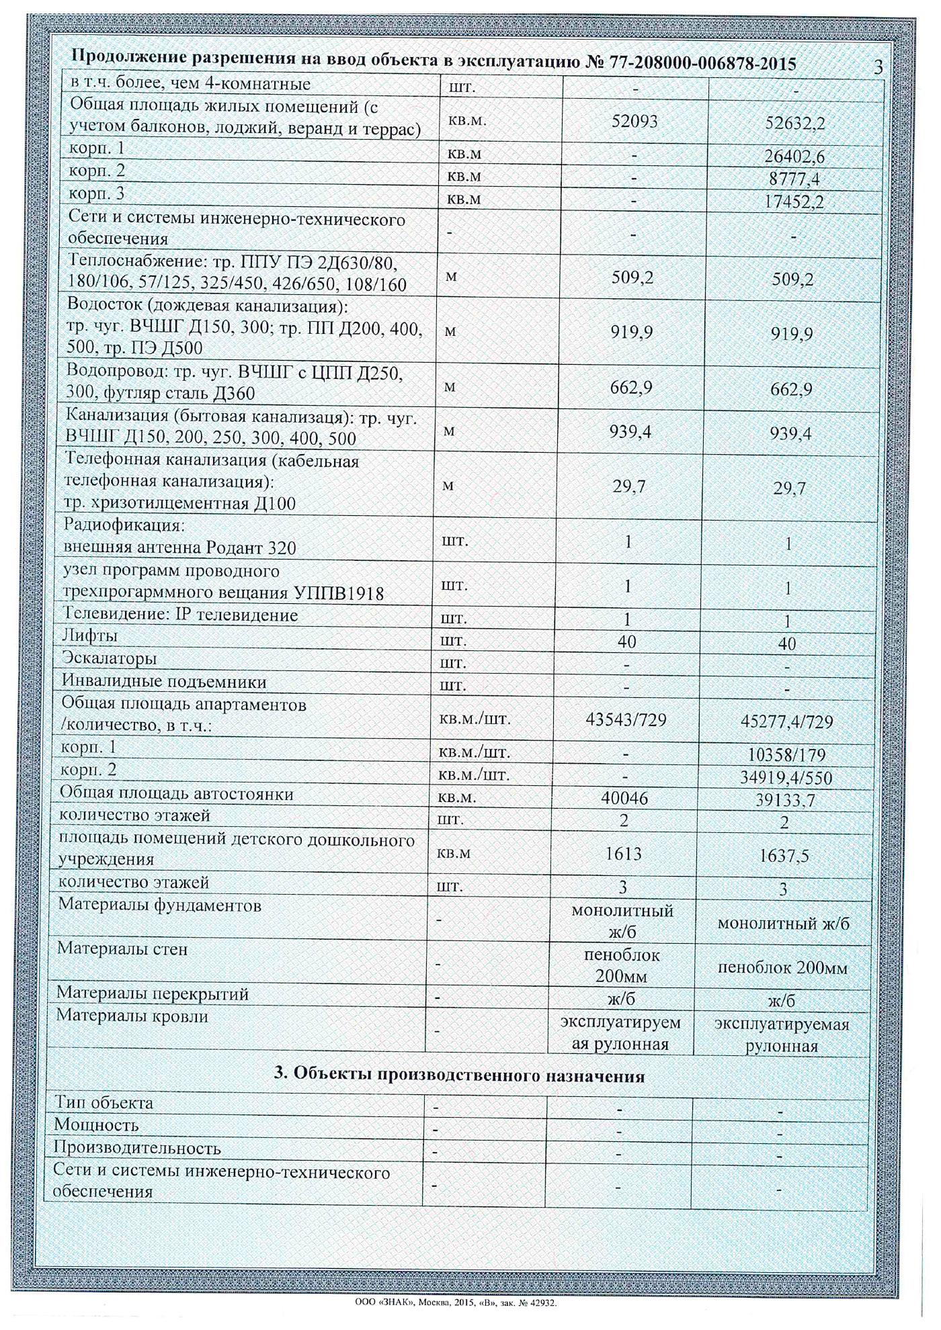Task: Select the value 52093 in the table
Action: pyautogui.click(x=635, y=121)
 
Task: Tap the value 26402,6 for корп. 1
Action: pyautogui.click(x=794, y=157)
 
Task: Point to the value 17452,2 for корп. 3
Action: pyautogui.click(x=794, y=202)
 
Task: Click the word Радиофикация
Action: pyautogui.click(x=124, y=525)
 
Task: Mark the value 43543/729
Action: pyautogui.click(x=626, y=719)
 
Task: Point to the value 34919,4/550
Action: pyautogui.click(x=786, y=778)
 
